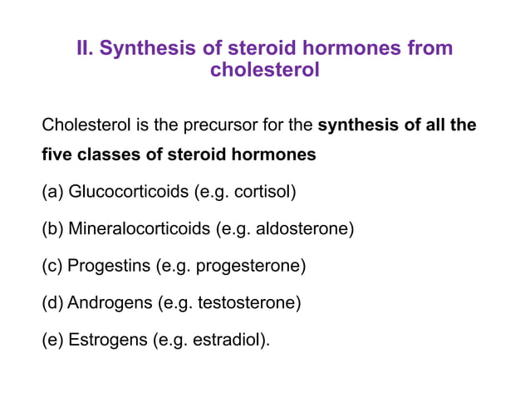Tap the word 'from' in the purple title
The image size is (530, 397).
[429, 48]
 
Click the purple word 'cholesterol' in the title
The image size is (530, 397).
[264, 71]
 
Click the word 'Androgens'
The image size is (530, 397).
[109, 302]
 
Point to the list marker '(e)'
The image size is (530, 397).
[52, 339]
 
